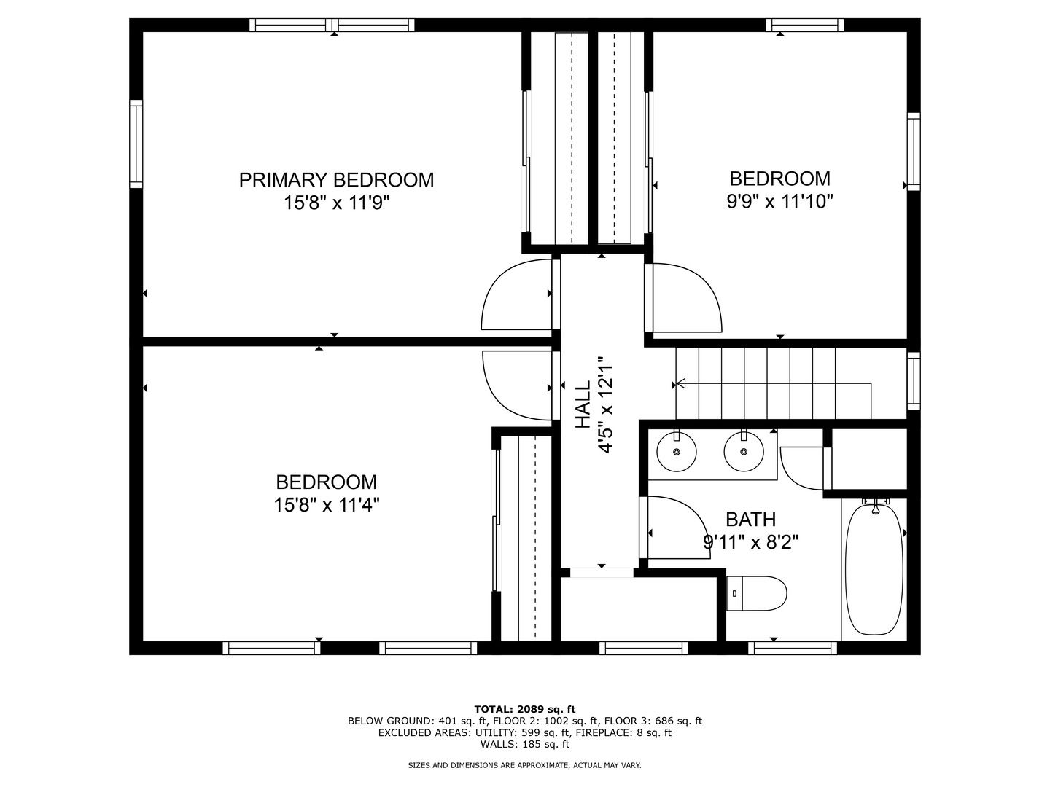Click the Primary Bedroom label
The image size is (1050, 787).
click(x=336, y=180)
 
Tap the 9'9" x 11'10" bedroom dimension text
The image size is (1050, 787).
click(x=779, y=202)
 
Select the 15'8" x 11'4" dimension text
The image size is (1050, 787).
click(x=327, y=504)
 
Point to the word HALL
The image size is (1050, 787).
click(x=583, y=404)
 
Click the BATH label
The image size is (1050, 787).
click(x=750, y=519)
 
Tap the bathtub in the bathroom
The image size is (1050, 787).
click(x=875, y=569)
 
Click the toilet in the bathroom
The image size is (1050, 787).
click(x=756, y=593)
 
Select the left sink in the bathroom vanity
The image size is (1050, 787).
click(x=677, y=451)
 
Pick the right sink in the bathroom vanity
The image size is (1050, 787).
click(x=743, y=451)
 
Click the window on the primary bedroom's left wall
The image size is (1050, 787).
click(x=136, y=144)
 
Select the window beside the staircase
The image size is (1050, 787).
click(x=913, y=381)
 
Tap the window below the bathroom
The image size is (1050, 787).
click(x=792, y=648)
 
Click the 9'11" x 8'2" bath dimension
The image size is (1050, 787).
click(x=750, y=542)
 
